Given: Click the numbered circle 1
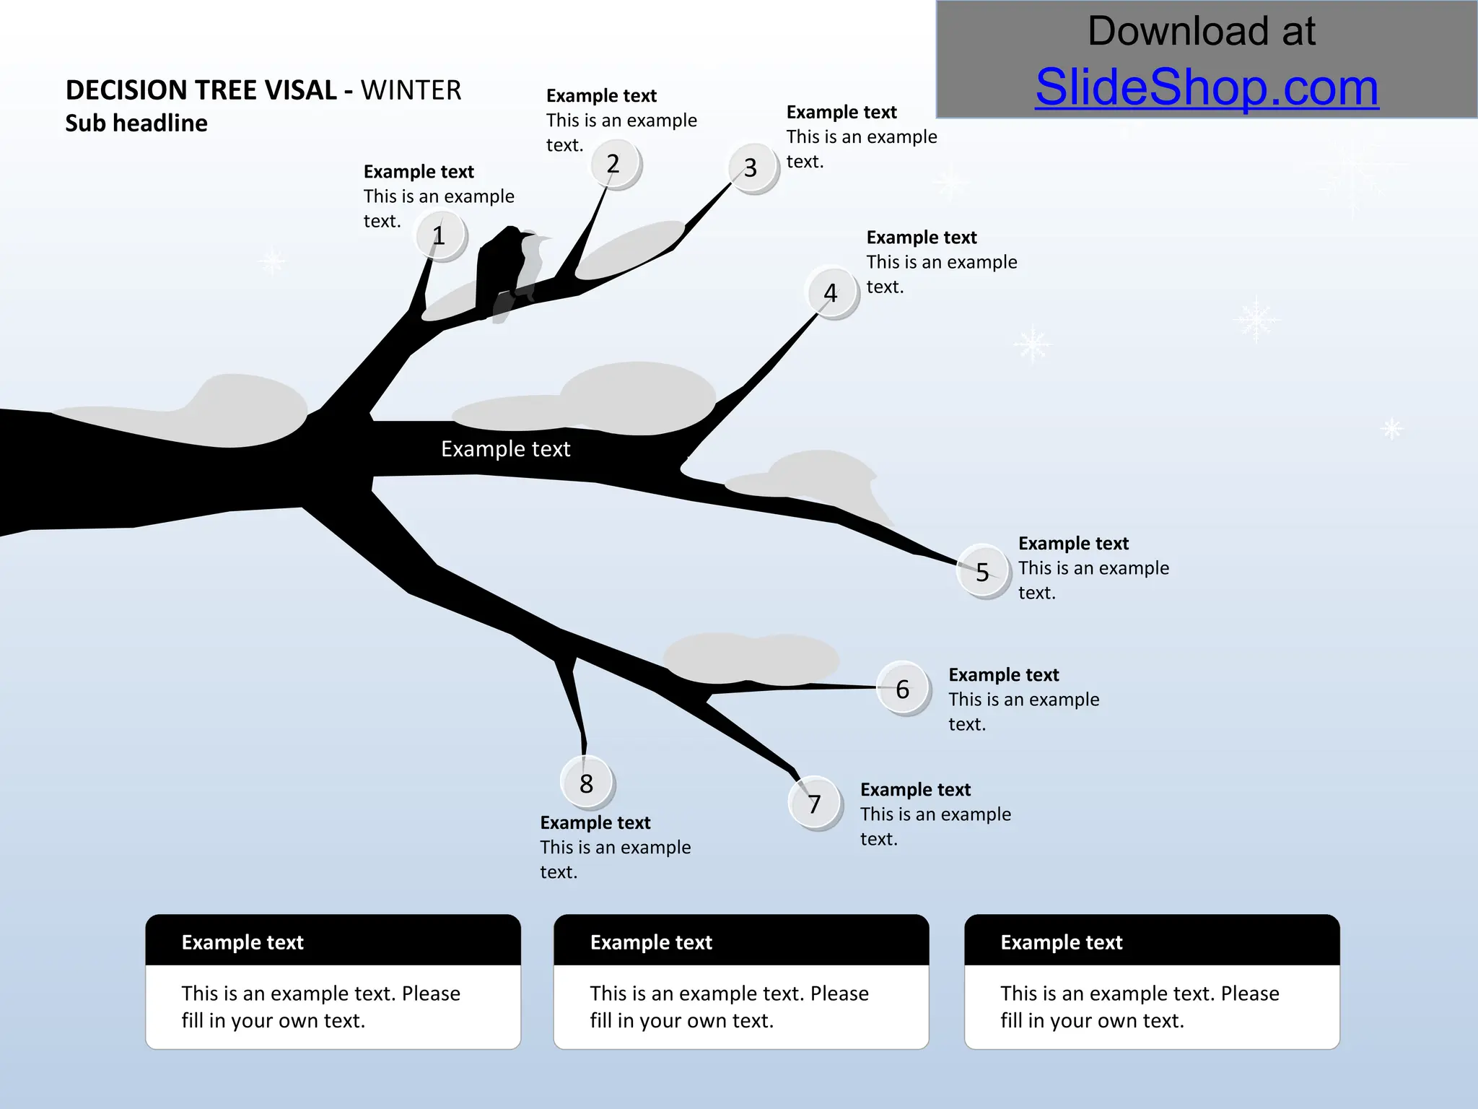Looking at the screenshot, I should point(440,236).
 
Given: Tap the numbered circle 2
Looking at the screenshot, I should point(614,164).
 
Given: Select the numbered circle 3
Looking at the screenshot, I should point(752,168).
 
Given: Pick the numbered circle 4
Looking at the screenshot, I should point(832,293).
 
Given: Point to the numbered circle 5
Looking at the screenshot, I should point(983,572).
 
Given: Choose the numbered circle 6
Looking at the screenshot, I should point(903,689).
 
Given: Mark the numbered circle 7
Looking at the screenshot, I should point(815,804).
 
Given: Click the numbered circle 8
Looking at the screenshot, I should point(587,783).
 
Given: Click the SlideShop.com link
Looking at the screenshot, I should point(1207,87).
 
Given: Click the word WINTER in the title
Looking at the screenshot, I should point(411,90).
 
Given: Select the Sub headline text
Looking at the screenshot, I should point(136,123).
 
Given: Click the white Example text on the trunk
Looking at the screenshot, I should point(505,449).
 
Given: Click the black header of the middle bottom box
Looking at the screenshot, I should point(741,941).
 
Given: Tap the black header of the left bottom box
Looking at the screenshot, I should point(333,941).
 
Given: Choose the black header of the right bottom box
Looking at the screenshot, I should point(1152,941).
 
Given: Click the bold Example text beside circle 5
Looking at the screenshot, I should point(1073,544).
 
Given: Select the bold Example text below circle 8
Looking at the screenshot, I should point(595,823).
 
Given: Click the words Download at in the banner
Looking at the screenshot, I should point(1202,31).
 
